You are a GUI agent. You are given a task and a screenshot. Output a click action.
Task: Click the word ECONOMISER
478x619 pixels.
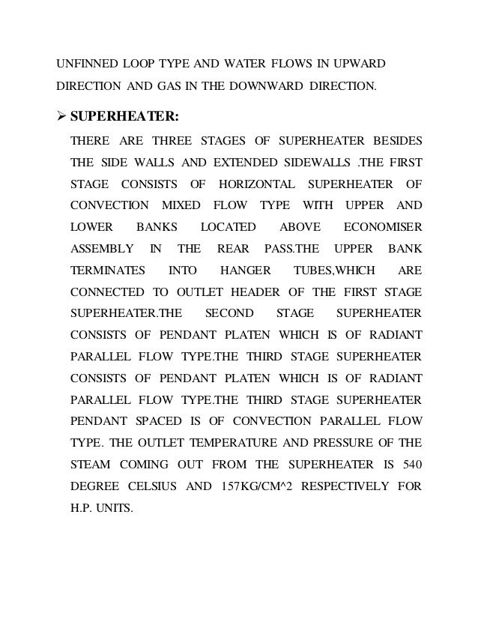[x=382, y=227]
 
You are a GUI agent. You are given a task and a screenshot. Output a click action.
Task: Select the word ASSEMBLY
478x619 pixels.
[x=102, y=249]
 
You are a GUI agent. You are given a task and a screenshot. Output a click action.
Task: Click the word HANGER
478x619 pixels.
[x=243, y=271]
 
